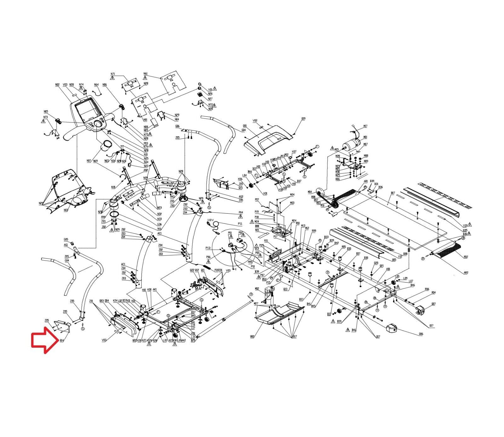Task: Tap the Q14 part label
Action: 62,340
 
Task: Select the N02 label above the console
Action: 57,85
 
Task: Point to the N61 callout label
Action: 146,74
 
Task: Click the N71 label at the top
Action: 113,74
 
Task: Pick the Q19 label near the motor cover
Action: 303,119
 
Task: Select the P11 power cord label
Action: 240,224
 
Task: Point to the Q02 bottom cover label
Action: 252,337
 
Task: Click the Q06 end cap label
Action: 421,334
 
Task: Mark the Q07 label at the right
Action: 434,304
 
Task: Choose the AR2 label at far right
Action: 466,273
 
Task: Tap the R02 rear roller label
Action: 466,257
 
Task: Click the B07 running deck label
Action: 393,193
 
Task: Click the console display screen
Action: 85,110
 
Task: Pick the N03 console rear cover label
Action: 66,210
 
